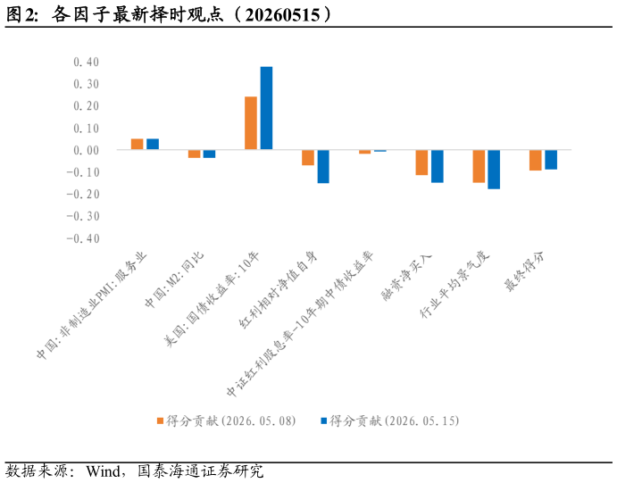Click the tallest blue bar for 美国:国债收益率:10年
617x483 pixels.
(x=266, y=108)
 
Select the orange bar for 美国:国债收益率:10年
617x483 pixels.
(x=251, y=123)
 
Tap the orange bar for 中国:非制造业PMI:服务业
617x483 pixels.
(x=137, y=144)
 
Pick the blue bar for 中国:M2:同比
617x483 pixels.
(x=209, y=154)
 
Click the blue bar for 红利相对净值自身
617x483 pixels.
(x=323, y=166)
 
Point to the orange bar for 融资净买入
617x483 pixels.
(x=421, y=162)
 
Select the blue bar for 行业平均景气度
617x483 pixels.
(x=495, y=170)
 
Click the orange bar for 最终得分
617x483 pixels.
(x=536, y=160)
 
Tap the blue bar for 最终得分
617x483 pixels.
(x=551, y=160)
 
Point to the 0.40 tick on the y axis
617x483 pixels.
(x=87, y=62)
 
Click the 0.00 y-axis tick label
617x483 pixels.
(x=87, y=150)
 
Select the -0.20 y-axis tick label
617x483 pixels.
(x=83, y=194)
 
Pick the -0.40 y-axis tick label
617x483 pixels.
(x=83, y=238)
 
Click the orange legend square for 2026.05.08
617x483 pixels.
(x=160, y=421)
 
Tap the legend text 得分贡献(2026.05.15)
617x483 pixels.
(x=395, y=421)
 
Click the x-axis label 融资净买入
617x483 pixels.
(x=407, y=277)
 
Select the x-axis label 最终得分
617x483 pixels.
(x=525, y=271)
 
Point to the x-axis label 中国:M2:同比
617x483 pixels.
(x=174, y=280)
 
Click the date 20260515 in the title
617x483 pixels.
(x=282, y=15)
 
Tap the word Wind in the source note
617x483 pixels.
(x=104, y=471)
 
